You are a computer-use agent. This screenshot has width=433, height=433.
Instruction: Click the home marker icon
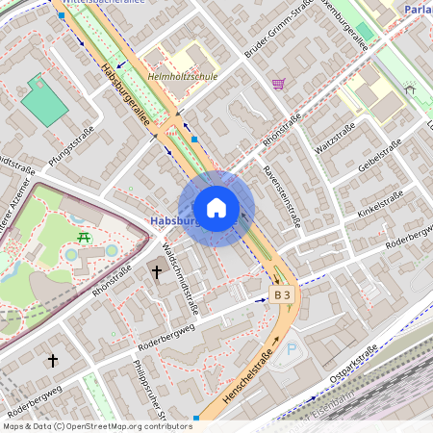(x=216, y=208)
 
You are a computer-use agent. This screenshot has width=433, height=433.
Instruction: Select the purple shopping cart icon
(x=278, y=84)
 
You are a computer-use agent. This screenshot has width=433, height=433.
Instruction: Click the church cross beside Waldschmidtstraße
(x=156, y=272)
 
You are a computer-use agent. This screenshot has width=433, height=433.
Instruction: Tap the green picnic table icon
(x=84, y=237)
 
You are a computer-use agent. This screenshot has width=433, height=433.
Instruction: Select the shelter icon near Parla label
(x=409, y=89)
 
